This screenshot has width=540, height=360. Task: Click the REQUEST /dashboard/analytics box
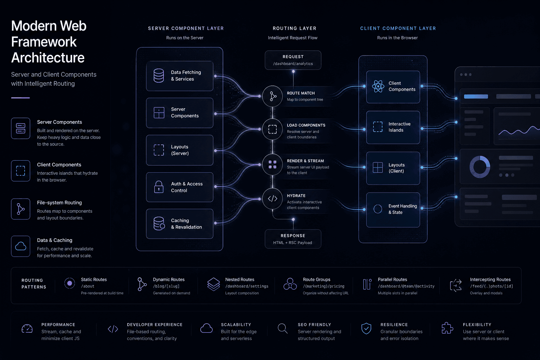tap(293, 60)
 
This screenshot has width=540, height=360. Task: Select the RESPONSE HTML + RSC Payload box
tap(293, 239)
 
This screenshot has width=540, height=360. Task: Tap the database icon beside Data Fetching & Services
tap(159, 76)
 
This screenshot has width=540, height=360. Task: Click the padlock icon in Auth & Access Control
tap(159, 187)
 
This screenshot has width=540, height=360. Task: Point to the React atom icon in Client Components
tap(378, 86)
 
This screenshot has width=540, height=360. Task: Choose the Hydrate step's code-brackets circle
tap(272, 199)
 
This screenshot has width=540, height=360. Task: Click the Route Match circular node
tap(272, 96)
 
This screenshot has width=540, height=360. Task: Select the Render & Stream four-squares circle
tap(272, 165)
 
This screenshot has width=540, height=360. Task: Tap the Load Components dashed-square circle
tap(272, 129)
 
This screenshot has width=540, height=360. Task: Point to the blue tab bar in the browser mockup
tap(476, 96)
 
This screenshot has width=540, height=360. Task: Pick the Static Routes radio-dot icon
tap(69, 283)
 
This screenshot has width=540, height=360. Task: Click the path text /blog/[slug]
tap(166, 286)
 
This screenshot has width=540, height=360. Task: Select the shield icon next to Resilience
tap(366, 328)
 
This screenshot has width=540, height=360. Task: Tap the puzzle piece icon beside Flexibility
tap(447, 328)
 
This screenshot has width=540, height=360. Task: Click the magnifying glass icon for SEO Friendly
tap(282, 328)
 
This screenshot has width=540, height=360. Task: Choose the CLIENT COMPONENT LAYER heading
tap(398, 28)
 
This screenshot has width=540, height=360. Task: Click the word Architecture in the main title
tap(48, 58)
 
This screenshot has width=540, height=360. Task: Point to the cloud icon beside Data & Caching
tap(20, 246)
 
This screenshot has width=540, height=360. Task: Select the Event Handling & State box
tap(393, 210)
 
